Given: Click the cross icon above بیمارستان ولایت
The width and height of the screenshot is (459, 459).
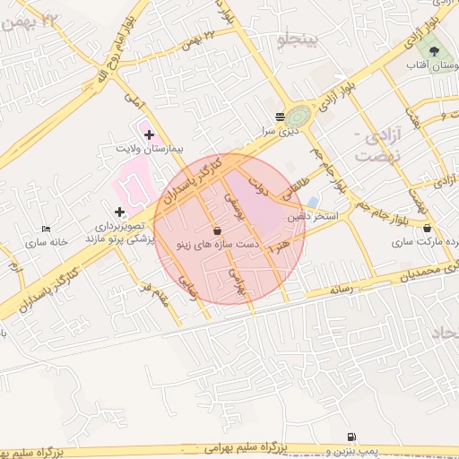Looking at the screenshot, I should point(149,134).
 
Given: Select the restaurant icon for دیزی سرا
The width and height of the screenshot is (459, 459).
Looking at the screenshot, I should point(281,117).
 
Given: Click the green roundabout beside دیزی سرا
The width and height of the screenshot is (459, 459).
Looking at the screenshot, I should point(299,117).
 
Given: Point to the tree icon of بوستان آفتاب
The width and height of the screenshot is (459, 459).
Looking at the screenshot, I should point(435,52).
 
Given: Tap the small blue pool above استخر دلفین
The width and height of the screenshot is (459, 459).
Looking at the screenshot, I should point(312,202).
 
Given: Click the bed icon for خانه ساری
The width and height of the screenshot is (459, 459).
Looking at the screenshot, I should point(47,230).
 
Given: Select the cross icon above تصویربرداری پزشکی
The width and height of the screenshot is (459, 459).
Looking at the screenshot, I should point(118,212).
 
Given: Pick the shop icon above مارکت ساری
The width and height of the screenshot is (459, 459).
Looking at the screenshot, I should point(426,229).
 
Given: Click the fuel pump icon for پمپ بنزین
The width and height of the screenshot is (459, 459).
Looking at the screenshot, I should point(349,436).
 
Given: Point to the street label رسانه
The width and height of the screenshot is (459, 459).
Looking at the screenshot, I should point(344,289).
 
